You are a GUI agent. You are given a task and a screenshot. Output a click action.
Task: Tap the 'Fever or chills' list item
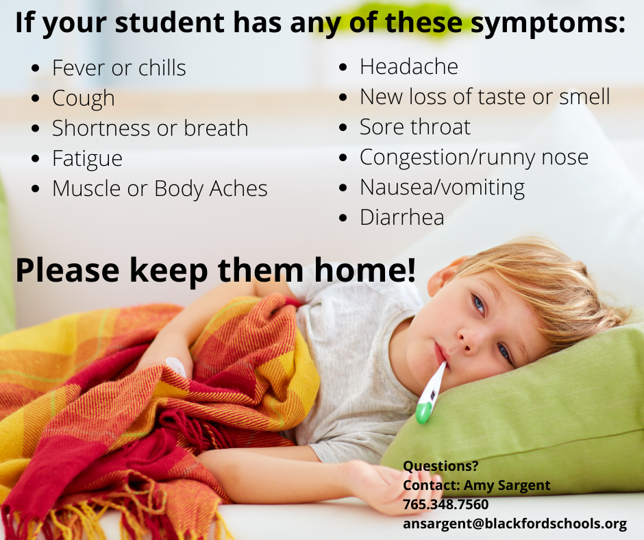119,68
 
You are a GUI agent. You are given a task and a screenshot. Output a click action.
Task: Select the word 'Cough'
84,99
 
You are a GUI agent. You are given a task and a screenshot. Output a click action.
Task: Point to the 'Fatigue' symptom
88,159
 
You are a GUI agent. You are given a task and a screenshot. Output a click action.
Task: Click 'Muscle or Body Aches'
160,189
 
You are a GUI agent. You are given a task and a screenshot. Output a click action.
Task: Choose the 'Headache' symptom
409,66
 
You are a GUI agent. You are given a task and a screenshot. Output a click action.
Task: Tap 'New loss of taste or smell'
485,97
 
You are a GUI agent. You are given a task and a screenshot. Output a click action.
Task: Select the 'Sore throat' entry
415,127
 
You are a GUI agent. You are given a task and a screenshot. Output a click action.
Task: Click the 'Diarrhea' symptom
402,217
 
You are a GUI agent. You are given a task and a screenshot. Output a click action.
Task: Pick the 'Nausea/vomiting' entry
443,188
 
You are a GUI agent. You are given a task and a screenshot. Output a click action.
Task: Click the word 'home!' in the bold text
365,271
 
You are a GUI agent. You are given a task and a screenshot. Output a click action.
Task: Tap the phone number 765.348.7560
445,504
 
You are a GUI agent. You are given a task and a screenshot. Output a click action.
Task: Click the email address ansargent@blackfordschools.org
515,524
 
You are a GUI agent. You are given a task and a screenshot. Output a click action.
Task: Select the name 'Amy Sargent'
507,485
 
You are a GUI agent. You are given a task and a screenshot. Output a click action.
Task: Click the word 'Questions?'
441,466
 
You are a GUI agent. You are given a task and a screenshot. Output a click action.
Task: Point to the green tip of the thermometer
423,413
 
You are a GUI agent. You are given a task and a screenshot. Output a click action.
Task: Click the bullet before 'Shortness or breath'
36,129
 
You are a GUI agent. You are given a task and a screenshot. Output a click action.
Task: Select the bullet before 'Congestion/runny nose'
343,158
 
